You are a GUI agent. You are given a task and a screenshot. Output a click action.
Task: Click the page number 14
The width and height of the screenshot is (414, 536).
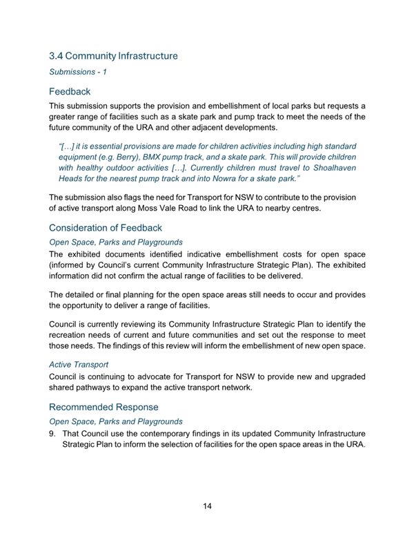pyautogui.click(x=207, y=506)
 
